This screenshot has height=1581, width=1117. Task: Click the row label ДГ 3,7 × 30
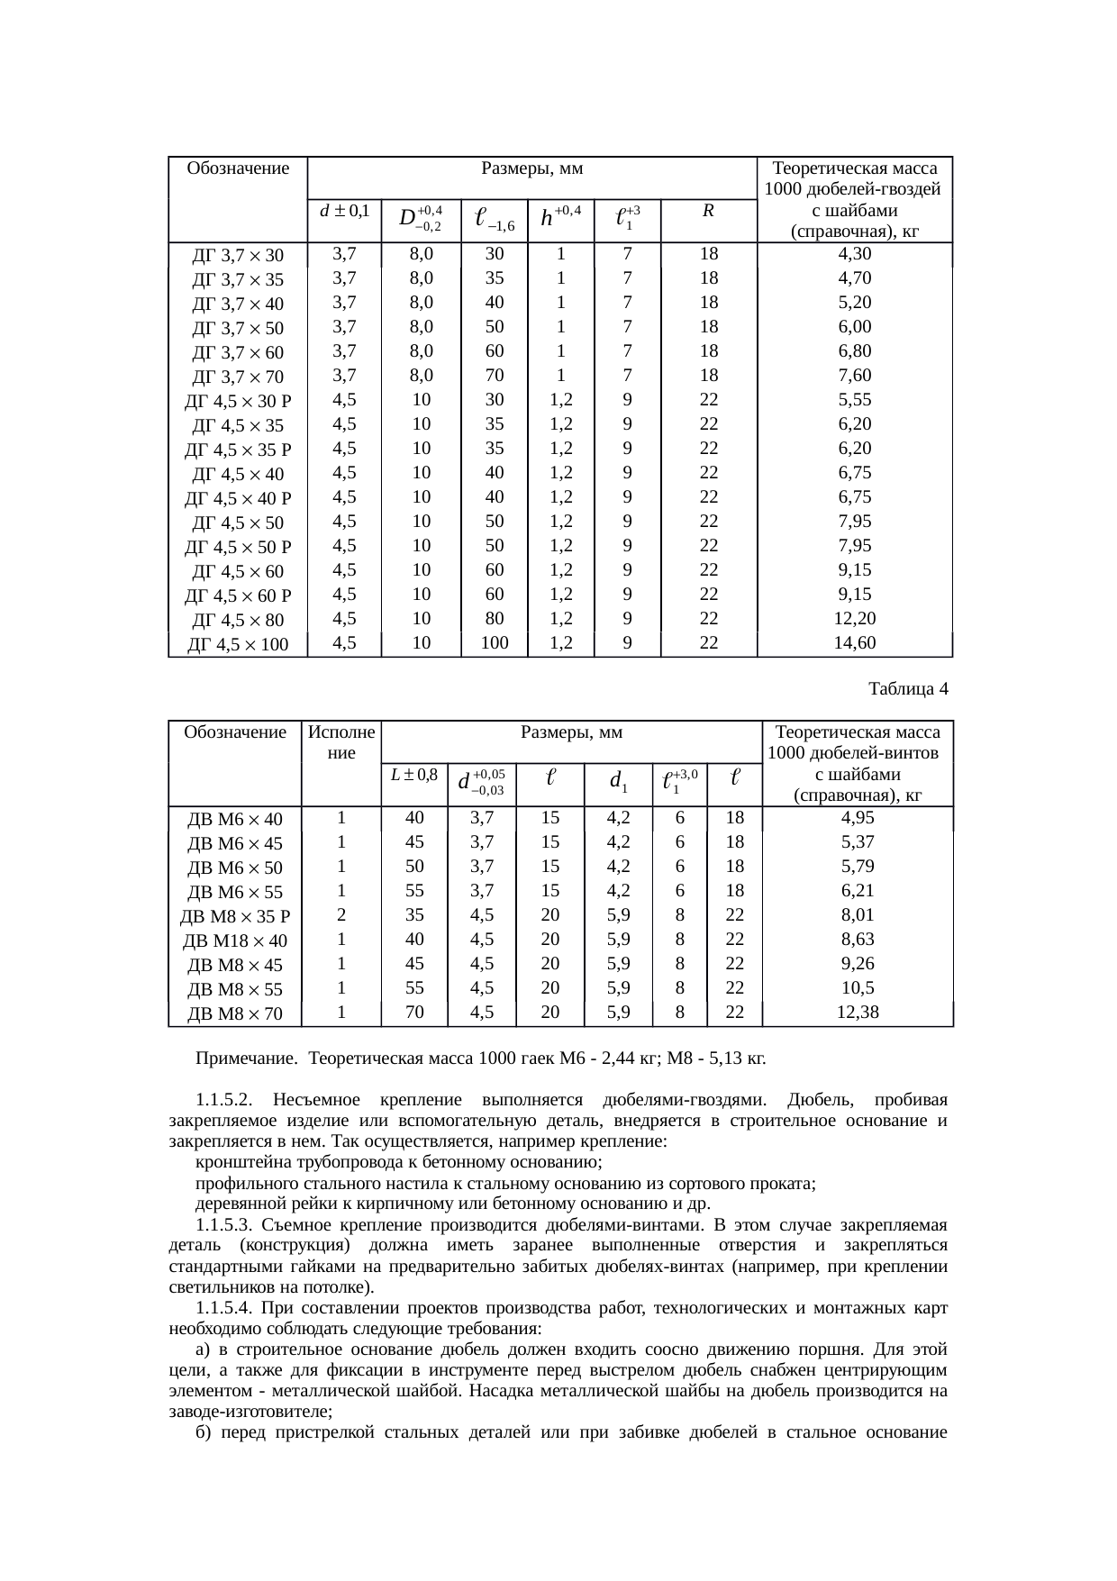[x=238, y=256]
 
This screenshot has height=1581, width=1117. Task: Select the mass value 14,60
[x=854, y=642]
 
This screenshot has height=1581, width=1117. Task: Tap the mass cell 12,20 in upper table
[x=854, y=618]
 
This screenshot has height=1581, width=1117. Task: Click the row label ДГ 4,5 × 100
[x=238, y=645]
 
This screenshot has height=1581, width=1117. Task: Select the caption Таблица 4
[x=908, y=689]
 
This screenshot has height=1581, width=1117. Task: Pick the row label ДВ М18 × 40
[x=234, y=941]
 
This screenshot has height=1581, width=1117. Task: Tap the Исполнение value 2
[x=341, y=914]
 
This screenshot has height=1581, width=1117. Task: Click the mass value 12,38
[x=857, y=1012]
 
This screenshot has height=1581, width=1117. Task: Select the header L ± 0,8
[x=414, y=774]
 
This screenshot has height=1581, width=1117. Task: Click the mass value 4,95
[x=857, y=818]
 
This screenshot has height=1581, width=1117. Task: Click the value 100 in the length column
[x=494, y=642]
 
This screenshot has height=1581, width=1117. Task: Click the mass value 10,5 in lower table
[x=857, y=987]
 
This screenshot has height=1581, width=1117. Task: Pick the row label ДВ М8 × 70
[x=234, y=1014]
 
